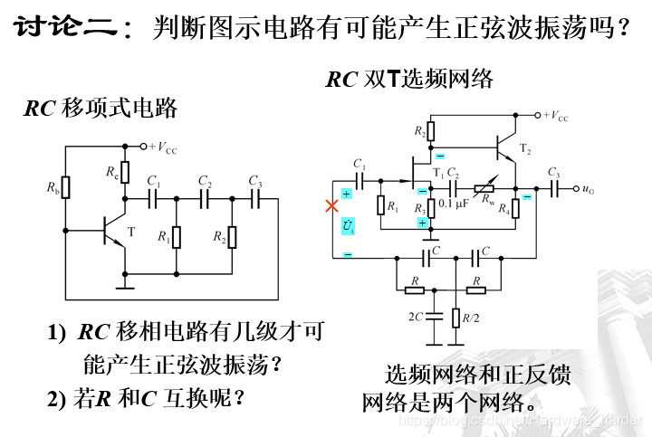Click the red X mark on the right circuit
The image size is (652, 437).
tap(331, 206)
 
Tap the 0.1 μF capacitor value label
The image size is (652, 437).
tap(453, 204)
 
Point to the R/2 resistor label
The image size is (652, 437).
tap(471, 318)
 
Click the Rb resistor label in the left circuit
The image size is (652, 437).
tap(53, 188)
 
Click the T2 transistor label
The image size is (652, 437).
tap(525, 147)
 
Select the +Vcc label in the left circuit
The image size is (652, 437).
tap(163, 147)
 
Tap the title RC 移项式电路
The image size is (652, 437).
tap(100, 109)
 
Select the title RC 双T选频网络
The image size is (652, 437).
tap(408, 80)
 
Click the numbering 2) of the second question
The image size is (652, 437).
tap(58, 398)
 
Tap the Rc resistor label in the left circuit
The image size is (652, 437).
tap(110, 170)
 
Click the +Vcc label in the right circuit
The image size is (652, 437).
tap(555, 116)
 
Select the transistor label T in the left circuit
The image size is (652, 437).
tap(130, 233)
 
